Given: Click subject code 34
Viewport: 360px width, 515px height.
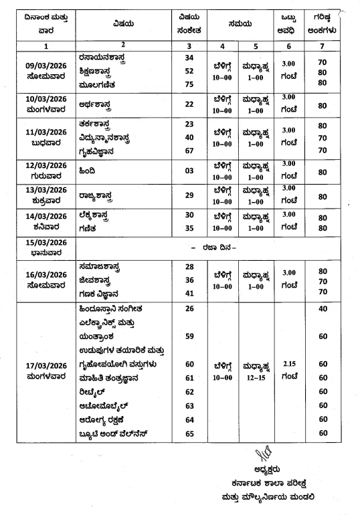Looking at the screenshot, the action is tap(189, 59).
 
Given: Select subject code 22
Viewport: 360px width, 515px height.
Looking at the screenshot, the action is tap(189, 104).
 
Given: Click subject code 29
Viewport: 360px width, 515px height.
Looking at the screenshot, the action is tap(189, 195).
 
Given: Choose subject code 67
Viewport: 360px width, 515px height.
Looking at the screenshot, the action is tap(189, 150).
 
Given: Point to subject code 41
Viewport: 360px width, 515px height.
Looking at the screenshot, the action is tap(189, 293).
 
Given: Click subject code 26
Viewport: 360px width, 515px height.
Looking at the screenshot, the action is tap(189, 309).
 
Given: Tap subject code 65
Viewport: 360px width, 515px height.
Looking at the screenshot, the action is tap(189, 433).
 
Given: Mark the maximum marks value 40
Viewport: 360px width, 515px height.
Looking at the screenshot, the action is tap(323, 309).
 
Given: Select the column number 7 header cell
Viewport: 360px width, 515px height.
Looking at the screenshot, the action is tap(323, 45).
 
